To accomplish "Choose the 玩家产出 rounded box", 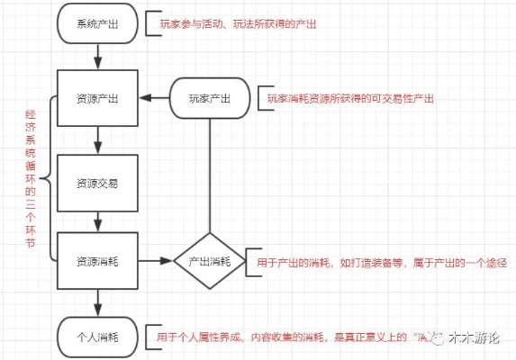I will coord(210,98).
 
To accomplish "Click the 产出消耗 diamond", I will coord(210,260).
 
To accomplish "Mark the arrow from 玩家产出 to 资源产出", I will coord(154,98).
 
